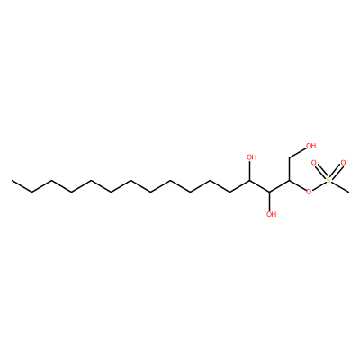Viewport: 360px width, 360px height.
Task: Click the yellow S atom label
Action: [x=328, y=180]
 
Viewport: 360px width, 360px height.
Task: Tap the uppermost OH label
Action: [x=311, y=146]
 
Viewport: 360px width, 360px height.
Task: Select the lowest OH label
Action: [x=272, y=214]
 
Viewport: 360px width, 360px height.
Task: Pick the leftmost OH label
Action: [x=251, y=157]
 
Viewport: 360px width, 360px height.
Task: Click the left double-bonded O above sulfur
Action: [x=314, y=164]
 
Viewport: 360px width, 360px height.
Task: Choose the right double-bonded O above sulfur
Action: [x=344, y=164]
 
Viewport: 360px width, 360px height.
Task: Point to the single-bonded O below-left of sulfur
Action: [x=309, y=191]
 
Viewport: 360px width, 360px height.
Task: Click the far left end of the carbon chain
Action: [x=12, y=181]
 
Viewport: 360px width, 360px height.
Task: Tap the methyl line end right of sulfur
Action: [x=348, y=192]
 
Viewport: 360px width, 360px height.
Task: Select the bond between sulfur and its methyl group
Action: [x=340, y=186]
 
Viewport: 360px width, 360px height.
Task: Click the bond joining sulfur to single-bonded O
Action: [x=319, y=185]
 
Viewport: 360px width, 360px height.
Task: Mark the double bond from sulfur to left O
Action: [x=321, y=172]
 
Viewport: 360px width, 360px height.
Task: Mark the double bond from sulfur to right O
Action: [x=336, y=172]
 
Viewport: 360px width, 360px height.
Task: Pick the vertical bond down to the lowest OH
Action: [x=270, y=201]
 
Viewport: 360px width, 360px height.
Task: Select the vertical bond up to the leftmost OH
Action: [x=250, y=171]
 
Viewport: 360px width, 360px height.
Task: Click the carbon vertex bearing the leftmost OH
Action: [x=250, y=181]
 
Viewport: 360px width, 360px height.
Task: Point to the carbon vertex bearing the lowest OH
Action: [x=270, y=192]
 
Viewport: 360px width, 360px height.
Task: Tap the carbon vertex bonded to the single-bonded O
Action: [x=290, y=181]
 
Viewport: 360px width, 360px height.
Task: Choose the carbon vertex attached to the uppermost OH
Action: [x=290, y=157]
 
